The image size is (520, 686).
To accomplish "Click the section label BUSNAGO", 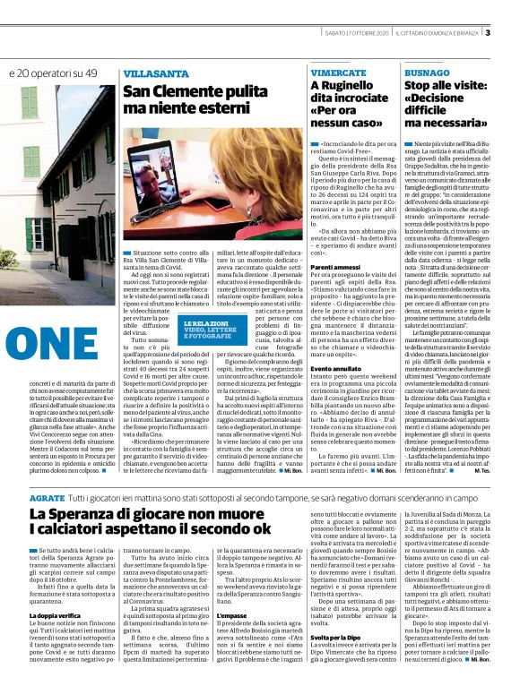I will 427,71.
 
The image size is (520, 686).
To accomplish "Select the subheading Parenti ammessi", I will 337,268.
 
